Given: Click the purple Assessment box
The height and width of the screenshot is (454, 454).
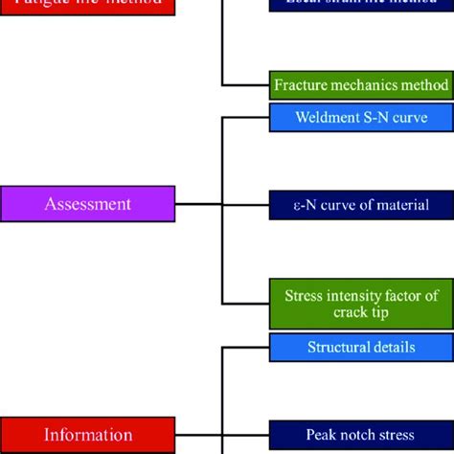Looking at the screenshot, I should tap(88, 204).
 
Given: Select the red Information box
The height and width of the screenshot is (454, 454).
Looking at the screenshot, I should tap(88, 434).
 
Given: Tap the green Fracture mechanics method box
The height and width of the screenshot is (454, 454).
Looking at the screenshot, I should tap(361, 85).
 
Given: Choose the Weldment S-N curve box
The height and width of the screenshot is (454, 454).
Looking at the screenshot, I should tap(361, 118).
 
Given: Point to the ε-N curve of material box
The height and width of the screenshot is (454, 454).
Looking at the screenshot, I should tap(361, 204).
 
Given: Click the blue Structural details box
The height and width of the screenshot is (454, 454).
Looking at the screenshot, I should tap(361, 347).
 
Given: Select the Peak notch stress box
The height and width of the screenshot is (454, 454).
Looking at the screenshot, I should tap(361, 434).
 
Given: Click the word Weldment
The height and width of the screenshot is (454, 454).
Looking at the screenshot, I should tap(326, 118).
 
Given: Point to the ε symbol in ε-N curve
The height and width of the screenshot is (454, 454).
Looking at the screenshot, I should tap(299, 205).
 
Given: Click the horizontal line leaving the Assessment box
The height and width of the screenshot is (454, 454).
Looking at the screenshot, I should tap(199, 204).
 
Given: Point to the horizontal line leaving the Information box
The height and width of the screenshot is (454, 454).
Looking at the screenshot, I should tap(199, 434).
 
